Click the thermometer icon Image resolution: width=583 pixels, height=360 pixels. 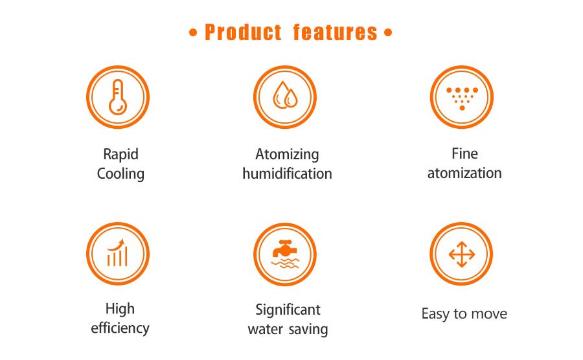pyautogui.click(x=117, y=97)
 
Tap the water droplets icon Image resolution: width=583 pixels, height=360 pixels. pyautogui.click(x=285, y=95)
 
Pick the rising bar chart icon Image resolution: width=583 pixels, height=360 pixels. pyautogui.click(x=117, y=253)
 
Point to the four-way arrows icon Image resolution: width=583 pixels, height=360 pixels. pyautogui.click(x=461, y=254)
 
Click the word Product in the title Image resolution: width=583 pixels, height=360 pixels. pyautogui.click(x=243, y=32)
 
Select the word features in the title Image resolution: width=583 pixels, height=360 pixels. pyautogui.click(x=336, y=32)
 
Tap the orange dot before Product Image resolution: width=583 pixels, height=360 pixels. pyautogui.click(x=193, y=32)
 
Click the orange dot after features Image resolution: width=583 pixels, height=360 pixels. pyautogui.click(x=388, y=32)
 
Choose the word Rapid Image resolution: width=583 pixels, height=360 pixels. pyautogui.click(x=121, y=155)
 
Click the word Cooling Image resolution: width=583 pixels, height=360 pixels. pyautogui.click(x=120, y=174)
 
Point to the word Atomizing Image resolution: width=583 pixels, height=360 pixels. pyautogui.click(x=287, y=155)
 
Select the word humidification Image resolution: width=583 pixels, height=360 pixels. pyautogui.click(x=287, y=174)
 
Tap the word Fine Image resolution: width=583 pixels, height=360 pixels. pyautogui.click(x=464, y=153)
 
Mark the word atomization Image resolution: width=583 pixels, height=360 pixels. pyautogui.click(x=464, y=173)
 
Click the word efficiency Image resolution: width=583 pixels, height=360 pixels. pyautogui.click(x=120, y=328)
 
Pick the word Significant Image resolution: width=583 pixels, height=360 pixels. pyautogui.click(x=288, y=310)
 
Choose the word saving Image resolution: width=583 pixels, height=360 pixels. pyautogui.click(x=308, y=330)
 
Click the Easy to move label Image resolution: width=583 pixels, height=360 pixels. pyautogui.click(x=464, y=314)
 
